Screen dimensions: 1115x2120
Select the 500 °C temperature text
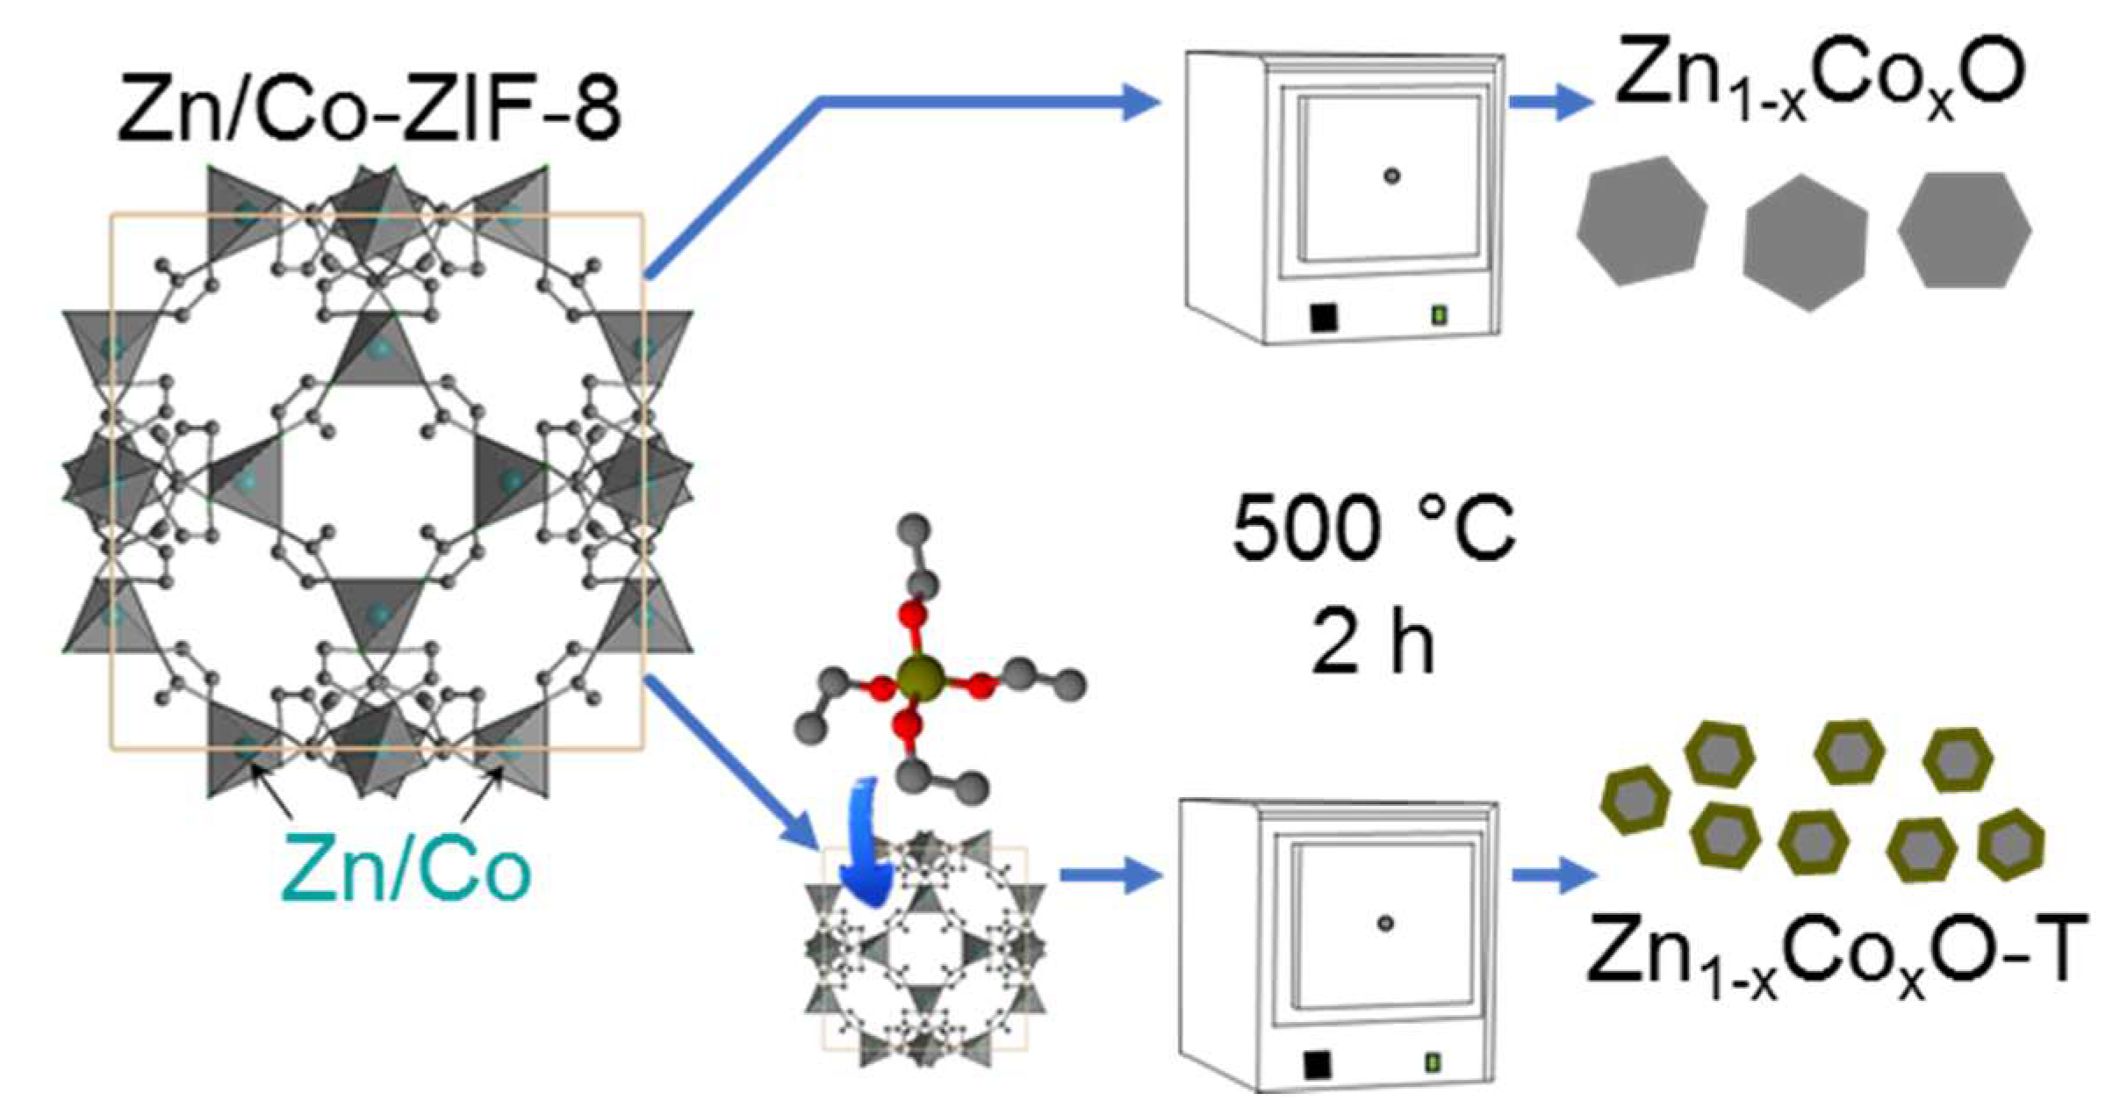point(1374,529)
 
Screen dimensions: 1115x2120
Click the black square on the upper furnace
point(1324,317)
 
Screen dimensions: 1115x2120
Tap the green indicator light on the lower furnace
point(1432,1063)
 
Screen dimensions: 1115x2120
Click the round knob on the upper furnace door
point(1391,176)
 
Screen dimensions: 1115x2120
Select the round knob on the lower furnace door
point(1385,924)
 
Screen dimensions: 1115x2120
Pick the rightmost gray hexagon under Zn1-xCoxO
point(1965,230)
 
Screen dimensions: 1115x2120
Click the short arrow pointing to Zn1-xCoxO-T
point(1554,875)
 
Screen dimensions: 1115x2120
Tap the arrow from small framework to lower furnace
point(1111,875)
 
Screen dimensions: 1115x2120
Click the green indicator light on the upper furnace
point(1439,314)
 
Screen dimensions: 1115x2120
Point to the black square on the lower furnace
point(1317,1065)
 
